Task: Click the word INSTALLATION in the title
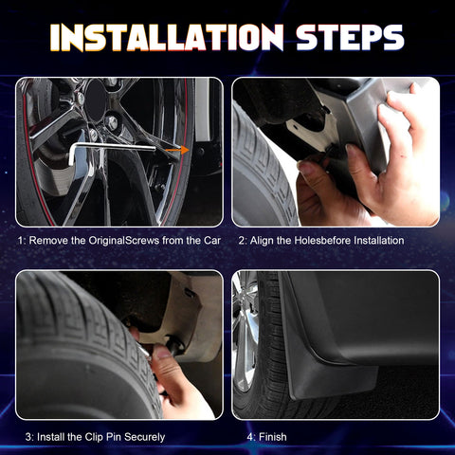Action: click(167, 37)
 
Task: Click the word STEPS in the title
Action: click(350, 37)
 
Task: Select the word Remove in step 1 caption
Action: click(48, 241)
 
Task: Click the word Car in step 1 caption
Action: click(211, 241)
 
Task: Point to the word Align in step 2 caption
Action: click(262, 241)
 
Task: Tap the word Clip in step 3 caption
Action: click(94, 437)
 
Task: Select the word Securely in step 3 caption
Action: click(144, 437)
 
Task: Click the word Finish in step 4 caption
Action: click(273, 437)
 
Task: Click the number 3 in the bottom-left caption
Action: click(28, 437)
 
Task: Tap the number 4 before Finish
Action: click(250, 437)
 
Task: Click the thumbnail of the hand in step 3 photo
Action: click(163, 352)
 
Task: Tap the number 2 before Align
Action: click(242, 241)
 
